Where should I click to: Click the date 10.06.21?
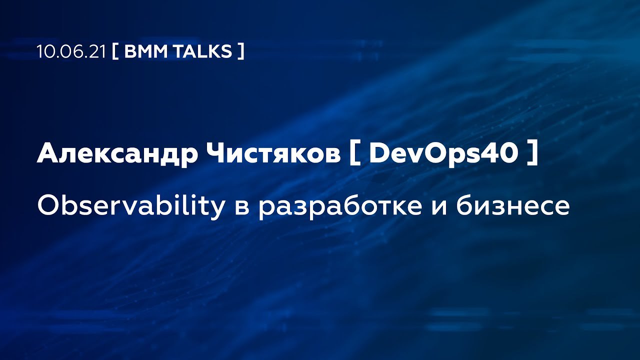coord(71,51)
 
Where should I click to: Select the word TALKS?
coord(202,51)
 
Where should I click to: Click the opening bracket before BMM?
coord(115,51)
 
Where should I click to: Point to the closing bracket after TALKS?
coord(241,51)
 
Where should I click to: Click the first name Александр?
coord(117,153)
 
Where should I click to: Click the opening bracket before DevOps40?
coord(355,153)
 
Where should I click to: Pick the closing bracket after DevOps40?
coord(532,153)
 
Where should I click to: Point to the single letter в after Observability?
coord(241,207)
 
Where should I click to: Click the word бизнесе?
coord(513,205)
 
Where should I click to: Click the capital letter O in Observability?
coord(48,205)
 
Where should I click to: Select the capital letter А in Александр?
coord(48,153)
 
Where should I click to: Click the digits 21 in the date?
coord(97,51)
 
